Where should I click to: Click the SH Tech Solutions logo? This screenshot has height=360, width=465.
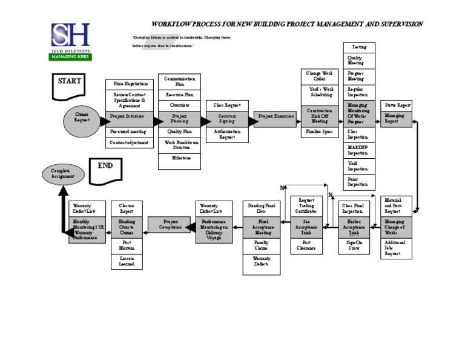click(x=70, y=41)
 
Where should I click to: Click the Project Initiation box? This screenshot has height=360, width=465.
click(x=127, y=116)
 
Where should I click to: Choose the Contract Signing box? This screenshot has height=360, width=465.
click(x=227, y=118)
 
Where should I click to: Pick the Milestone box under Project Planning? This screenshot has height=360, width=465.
click(x=180, y=158)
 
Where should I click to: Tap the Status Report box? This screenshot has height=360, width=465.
click(x=397, y=106)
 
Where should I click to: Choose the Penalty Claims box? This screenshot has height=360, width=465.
click(x=262, y=245)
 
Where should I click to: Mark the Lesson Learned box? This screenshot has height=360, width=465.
click(x=127, y=261)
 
